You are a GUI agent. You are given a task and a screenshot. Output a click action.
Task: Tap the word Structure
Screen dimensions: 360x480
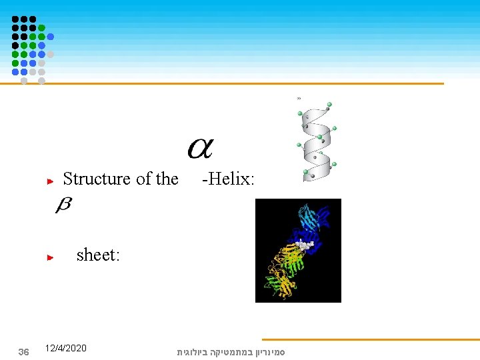tap(97, 179)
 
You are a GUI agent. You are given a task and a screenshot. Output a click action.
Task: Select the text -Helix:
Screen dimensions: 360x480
tap(229, 179)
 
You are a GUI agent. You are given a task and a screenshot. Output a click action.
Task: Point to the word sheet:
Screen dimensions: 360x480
tap(98, 255)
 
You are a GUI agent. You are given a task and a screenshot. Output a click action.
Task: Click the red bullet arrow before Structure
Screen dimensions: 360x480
tap(49, 180)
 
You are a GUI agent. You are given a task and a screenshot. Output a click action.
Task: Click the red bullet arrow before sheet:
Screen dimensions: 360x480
tap(49, 256)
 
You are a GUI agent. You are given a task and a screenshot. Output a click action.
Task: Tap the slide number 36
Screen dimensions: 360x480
tap(23, 351)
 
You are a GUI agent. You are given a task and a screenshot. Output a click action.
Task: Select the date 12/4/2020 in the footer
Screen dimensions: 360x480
tap(65, 348)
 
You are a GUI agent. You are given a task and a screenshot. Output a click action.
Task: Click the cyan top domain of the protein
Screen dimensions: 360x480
tap(309, 217)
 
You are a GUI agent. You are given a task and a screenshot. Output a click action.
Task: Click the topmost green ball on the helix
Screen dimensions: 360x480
tap(329, 105)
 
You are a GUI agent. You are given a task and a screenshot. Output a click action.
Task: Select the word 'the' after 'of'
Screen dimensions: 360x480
tap(167, 179)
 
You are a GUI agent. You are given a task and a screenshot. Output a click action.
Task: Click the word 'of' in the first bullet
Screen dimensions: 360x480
tap(143, 179)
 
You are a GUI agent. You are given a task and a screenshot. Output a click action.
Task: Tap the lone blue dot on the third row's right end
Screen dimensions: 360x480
tap(50, 37)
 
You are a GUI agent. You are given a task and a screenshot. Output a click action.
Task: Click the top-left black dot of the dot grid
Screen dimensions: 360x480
tap(15, 19)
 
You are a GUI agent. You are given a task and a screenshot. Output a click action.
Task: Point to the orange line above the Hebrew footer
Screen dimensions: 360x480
tap(370, 339)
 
